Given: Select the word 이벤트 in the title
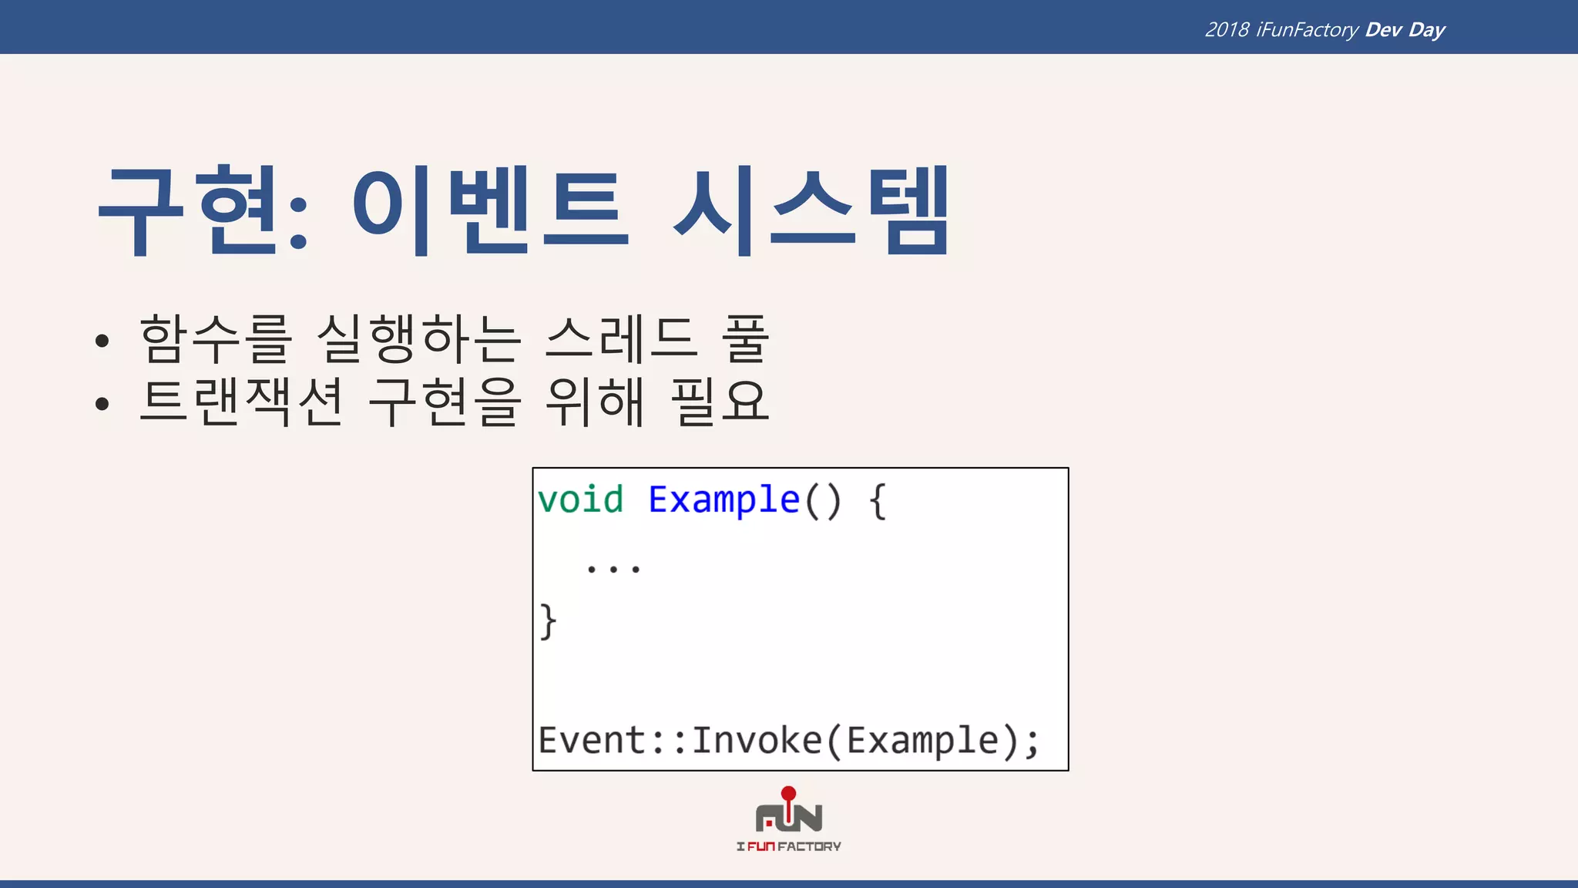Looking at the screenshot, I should pos(490,210).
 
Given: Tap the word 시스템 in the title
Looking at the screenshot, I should pos(811,210).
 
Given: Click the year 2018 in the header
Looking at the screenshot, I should pos(1227,30).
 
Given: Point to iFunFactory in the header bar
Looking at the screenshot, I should pos(1307,30).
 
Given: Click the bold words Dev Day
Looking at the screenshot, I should pos(1405,30).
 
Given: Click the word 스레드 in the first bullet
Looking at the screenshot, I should pos(621,339).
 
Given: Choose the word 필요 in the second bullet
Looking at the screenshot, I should pos(720,402).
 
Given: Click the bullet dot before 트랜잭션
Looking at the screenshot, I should pos(102,403).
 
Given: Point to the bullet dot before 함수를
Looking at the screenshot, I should pos(102,341).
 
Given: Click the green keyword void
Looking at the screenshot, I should pos(580,499).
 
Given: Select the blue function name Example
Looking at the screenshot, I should pos(724,499).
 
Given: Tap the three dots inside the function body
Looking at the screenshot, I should pos(613,570).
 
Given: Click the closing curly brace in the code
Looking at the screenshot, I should pos(548,621).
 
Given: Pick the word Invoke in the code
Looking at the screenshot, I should pos(757,740).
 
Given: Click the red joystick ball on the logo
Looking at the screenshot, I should pos(788,793).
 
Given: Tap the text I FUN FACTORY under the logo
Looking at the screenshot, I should pos(788,846).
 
